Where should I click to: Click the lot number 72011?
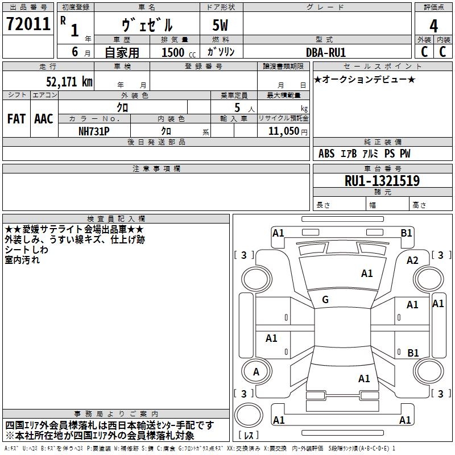click(x=27, y=24)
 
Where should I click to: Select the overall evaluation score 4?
click(x=433, y=26)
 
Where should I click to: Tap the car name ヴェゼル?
click(x=147, y=25)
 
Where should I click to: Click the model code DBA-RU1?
click(x=326, y=52)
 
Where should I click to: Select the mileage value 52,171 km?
click(x=65, y=81)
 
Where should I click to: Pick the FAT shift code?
click(x=16, y=119)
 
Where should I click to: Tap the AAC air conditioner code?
click(x=44, y=119)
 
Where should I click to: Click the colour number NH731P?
click(x=94, y=131)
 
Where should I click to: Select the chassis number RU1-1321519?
click(x=382, y=181)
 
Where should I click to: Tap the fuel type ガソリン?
click(x=221, y=52)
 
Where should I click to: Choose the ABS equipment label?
click(x=326, y=154)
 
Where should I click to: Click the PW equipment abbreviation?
click(x=405, y=154)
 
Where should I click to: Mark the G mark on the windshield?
click(x=325, y=299)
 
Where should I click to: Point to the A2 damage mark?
click(x=412, y=260)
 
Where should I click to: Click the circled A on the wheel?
click(x=256, y=372)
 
